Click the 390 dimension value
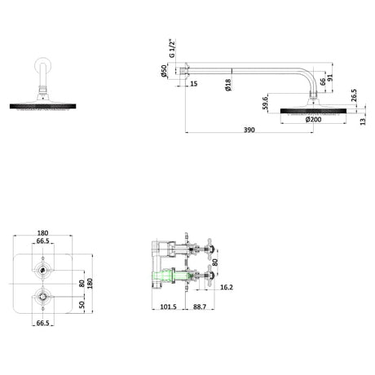coord(249,130)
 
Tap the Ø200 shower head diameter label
coord(313,119)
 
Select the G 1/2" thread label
coord(172,48)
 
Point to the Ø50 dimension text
coord(164,71)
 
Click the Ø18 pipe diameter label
coord(228,85)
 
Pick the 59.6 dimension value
coord(265,103)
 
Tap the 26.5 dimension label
coord(354,95)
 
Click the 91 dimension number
coord(330,77)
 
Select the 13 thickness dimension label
coord(363,121)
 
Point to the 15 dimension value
coord(193,84)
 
